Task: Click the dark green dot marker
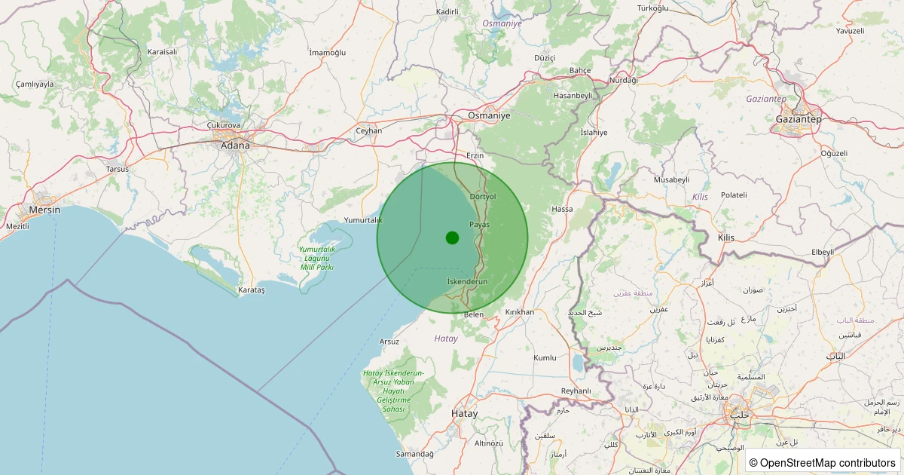pyautogui.click(x=452, y=237)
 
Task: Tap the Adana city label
pyautogui.click(x=234, y=145)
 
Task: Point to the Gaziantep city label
pyautogui.click(x=799, y=119)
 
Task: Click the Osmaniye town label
pyautogui.click(x=489, y=115)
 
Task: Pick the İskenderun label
pyautogui.click(x=467, y=281)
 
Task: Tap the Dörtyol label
pyautogui.click(x=483, y=196)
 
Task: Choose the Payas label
pyautogui.click(x=479, y=225)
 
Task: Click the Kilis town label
pyautogui.click(x=725, y=237)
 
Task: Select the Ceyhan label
pyautogui.click(x=369, y=130)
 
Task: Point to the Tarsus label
pyautogui.click(x=118, y=169)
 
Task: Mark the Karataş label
pyautogui.click(x=252, y=290)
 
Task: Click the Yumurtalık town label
pyautogui.click(x=363, y=220)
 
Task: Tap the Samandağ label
pyautogui.click(x=415, y=454)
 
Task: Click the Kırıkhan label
pyautogui.click(x=520, y=312)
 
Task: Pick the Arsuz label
pyautogui.click(x=389, y=342)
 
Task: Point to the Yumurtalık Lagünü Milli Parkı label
pyautogui.click(x=316, y=258)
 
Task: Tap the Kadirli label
pyautogui.click(x=447, y=13)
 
